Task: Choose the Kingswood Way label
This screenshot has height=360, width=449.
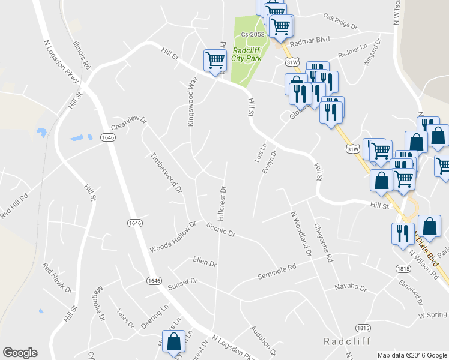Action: [193, 100]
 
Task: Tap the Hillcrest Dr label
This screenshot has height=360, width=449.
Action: [220, 204]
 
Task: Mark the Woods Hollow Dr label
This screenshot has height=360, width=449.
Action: [173, 238]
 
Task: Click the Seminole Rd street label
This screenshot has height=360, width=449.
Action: [277, 272]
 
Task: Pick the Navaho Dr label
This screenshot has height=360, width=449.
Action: [351, 287]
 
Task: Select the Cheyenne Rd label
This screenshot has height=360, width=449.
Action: [322, 244]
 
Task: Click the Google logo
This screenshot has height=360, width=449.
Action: [20, 353]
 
